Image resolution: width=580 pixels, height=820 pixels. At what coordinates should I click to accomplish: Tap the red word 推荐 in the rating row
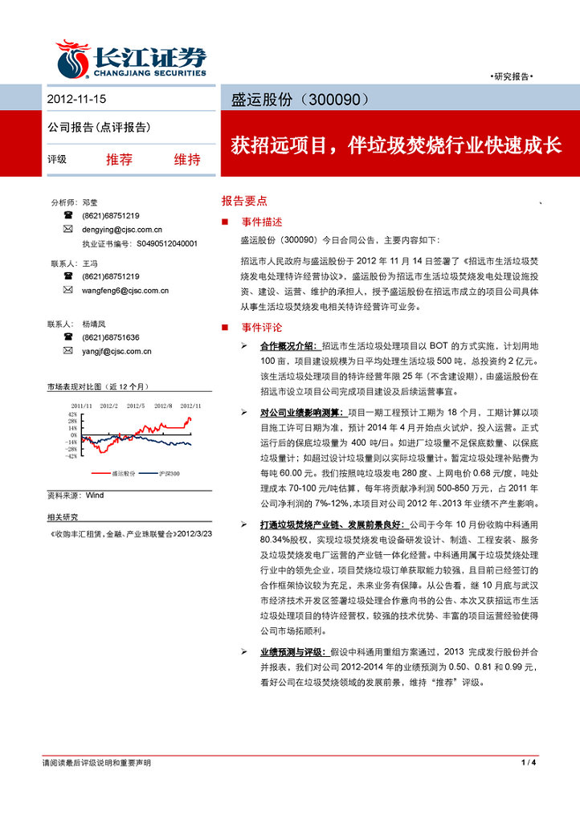click(x=119, y=159)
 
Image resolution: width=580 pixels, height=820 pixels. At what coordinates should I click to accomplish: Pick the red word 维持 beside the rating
click(x=187, y=159)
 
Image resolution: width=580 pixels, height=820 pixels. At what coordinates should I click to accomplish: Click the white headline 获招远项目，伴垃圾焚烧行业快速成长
click(x=396, y=146)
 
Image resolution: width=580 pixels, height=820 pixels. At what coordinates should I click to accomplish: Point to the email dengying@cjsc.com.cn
click(x=122, y=230)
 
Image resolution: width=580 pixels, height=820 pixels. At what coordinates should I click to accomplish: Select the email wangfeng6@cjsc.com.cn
click(x=125, y=290)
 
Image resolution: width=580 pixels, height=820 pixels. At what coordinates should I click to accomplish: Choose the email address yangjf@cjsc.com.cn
click(x=116, y=351)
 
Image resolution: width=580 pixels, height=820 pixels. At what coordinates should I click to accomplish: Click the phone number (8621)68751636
click(x=110, y=337)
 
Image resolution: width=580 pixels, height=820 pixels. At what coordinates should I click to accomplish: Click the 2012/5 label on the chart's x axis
click(x=136, y=406)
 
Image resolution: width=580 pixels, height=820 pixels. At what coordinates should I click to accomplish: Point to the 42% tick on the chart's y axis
click(x=72, y=414)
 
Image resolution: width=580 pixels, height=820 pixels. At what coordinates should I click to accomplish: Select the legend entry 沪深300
click(x=170, y=474)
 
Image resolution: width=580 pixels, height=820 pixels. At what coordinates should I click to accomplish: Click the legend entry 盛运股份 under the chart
click(x=124, y=474)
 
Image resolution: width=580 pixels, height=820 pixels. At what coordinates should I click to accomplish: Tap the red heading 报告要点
click(x=244, y=202)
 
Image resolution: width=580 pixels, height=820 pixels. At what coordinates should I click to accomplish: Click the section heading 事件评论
click(x=262, y=328)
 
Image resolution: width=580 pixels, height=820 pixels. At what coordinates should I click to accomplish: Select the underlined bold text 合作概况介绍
click(x=289, y=345)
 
